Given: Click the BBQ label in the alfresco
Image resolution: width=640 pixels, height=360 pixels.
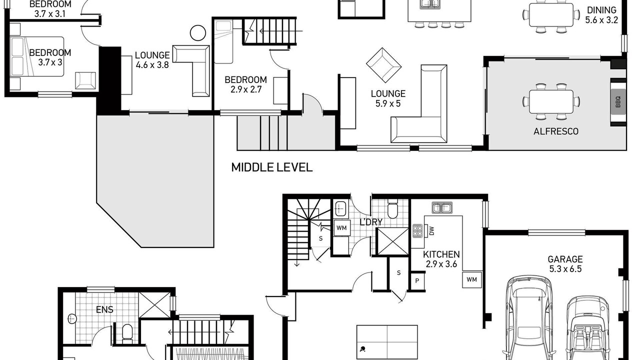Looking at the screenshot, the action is [x=618, y=102].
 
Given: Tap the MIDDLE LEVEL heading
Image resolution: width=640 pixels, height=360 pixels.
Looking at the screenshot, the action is [x=271, y=167].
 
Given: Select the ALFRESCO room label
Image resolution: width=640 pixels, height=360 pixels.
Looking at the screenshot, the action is [x=556, y=131].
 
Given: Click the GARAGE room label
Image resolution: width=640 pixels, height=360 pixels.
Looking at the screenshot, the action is [x=565, y=259].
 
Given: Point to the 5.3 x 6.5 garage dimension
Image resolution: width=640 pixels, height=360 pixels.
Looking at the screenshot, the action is [x=565, y=269].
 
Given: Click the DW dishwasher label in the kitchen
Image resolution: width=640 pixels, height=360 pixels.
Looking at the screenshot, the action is [x=431, y=231].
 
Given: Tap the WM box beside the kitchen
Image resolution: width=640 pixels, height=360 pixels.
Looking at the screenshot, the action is [x=471, y=279].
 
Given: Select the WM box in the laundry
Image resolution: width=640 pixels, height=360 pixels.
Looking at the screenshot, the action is [x=341, y=228].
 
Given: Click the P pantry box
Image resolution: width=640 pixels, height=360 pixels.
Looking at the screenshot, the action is [x=417, y=281].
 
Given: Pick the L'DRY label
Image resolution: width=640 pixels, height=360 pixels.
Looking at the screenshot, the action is [x=371, y=222].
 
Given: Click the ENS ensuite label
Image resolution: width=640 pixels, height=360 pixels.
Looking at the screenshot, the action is [x=104, y=309].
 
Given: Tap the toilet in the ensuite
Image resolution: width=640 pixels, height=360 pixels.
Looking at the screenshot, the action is [x=127, y=334].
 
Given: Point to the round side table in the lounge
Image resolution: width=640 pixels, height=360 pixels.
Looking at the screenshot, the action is [x=197, y=33].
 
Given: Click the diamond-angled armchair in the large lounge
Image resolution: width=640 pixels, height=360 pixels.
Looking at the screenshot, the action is [x=383, y=65].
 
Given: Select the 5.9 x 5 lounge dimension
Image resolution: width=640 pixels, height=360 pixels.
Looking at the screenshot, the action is [x=388, y=103].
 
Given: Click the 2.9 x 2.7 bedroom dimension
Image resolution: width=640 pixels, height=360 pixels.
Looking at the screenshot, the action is [x=246, y=89].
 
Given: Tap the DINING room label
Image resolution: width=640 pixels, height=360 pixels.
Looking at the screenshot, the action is [x=601, y=10].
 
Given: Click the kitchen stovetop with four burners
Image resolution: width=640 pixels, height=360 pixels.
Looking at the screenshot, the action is [x=417, y=231].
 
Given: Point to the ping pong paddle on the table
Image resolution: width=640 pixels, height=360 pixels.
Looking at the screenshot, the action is [x=363, y=349].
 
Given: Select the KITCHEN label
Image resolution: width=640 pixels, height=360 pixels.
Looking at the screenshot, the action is [x=441, y=254].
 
